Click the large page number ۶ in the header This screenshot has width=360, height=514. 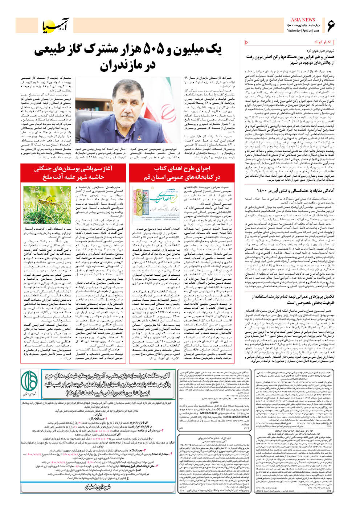pyautogui.click(x=331, y=26)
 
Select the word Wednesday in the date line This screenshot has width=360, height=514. pyautogui.click(x=294, y=31)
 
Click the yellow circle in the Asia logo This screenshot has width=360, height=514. pyautogui.click(x=50, y=29)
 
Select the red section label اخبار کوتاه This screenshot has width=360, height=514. pyautogui.click(x=323, y=42)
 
